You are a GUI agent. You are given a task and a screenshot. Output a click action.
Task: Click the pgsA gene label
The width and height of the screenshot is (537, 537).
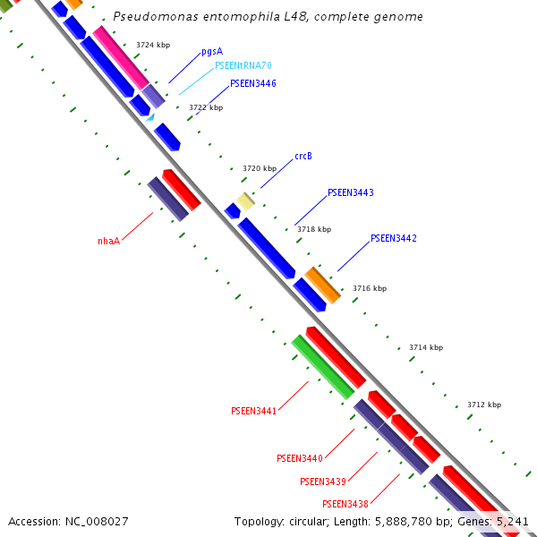pos(212,51)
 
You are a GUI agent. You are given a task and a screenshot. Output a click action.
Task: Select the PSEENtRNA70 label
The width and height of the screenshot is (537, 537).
pos(243,66)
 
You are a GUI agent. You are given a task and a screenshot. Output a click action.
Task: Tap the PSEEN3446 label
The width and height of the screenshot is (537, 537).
pos(253,83)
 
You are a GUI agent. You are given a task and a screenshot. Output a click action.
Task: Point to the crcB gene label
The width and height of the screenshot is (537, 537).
pos(303,156)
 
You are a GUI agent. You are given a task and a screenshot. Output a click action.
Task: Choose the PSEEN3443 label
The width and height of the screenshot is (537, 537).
pos(351,192)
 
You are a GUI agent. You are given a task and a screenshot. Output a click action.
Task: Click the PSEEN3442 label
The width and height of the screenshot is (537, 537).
pos(394,238)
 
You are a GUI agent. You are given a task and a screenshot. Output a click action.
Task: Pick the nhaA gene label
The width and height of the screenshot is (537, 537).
pos(108,241)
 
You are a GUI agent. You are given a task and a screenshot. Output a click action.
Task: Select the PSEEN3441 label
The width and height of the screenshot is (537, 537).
pos(253,412)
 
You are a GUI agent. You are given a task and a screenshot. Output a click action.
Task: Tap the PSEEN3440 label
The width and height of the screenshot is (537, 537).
pos(300,458)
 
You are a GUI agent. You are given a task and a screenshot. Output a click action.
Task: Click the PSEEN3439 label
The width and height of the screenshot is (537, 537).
pos(323,482)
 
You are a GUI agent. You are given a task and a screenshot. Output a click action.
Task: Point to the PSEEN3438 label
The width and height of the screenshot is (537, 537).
pos(345,504)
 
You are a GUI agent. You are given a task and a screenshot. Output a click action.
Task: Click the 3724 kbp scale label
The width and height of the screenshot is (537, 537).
pos(153,45)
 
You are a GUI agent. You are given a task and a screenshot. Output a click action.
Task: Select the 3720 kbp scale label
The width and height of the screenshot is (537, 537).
pos(260,168)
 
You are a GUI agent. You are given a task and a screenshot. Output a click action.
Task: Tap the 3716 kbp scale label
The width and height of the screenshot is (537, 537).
pos(370,288)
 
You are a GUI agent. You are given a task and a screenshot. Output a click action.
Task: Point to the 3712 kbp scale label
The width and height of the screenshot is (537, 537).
pos(484,405)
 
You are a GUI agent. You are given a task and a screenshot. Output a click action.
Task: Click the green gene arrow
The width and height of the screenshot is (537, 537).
pos(323,366)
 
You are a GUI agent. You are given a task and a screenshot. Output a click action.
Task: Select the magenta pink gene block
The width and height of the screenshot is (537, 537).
pos(121,56)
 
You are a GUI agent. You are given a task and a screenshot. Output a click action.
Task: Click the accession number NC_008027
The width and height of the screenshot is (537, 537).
pos(68,521)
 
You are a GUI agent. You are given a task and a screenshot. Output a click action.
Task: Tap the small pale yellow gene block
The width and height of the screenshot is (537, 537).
pos(245,201)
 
